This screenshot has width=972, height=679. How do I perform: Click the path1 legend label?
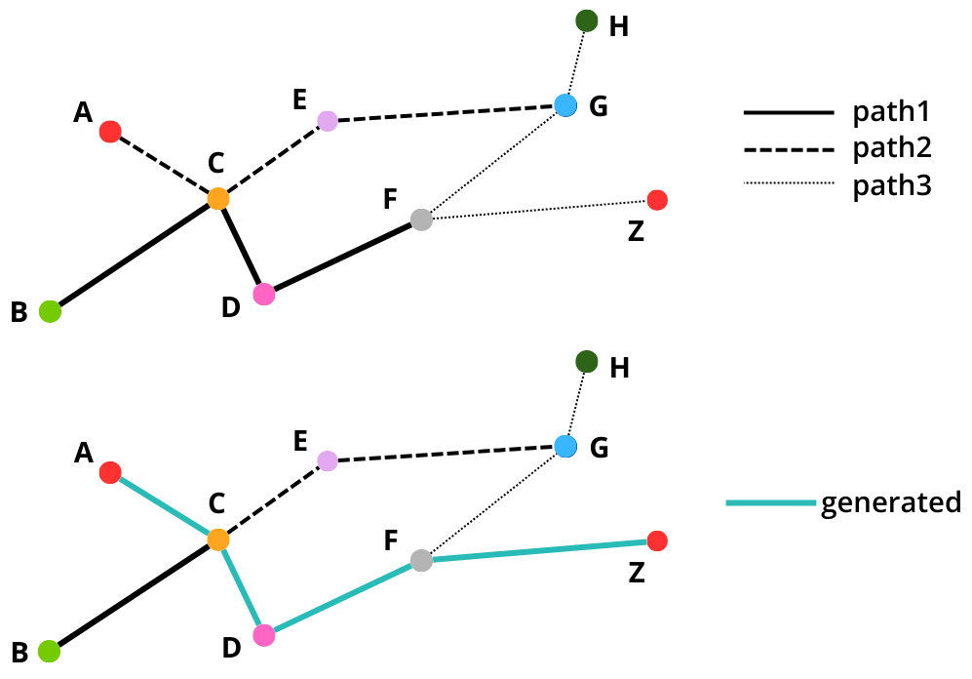pos(892,114)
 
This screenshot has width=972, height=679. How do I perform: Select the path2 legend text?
pos(892,148)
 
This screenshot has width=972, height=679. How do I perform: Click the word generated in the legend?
pos(891,502)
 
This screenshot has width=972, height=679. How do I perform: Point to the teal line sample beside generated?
pos(770,503)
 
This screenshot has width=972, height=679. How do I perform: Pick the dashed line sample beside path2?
pos(790,149)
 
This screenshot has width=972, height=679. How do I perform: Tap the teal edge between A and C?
pos(164,506)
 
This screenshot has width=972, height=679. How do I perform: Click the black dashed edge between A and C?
pos(164,165)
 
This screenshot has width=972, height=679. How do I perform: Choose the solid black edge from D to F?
pos(341,258)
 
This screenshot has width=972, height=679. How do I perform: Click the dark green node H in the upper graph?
pos(586,20)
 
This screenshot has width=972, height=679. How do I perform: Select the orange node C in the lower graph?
pos(218,539)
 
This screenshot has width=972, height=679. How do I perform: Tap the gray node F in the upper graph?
pos(421,220)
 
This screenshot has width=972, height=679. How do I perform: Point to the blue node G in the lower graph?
pos(565,447)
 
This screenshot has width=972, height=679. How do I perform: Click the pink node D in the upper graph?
pos(263,294)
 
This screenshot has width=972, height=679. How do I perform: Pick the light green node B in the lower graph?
pos(50,652)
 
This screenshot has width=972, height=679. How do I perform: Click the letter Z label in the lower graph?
pos(637,573)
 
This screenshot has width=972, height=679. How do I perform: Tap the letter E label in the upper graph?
pos(300,99)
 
